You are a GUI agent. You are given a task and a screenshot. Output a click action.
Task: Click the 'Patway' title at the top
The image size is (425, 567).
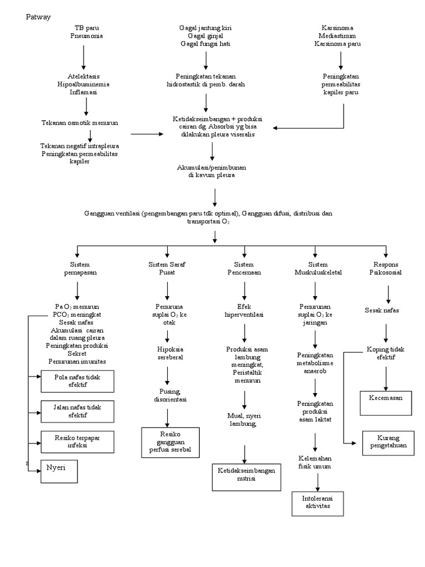[x=38, y=17]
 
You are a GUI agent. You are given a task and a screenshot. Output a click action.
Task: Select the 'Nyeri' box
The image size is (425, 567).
[x=59, y=471]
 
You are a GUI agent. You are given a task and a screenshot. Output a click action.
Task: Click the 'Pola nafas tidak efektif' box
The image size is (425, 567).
[x=77, y=382]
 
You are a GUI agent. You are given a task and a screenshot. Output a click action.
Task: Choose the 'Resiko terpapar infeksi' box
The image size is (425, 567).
[x=77, y=441]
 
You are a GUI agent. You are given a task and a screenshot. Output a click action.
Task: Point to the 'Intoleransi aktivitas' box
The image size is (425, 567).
[x=318, y=503]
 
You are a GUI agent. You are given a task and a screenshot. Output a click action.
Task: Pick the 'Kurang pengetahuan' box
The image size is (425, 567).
[x=388, y=442]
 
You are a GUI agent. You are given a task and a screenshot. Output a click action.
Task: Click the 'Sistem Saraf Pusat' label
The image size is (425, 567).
[x=167, y=269]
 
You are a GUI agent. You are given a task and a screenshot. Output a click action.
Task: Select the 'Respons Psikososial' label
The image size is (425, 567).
[x=386, y=269]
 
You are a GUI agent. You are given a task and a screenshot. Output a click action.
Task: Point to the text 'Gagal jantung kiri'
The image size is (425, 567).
[x=206, y=28]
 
